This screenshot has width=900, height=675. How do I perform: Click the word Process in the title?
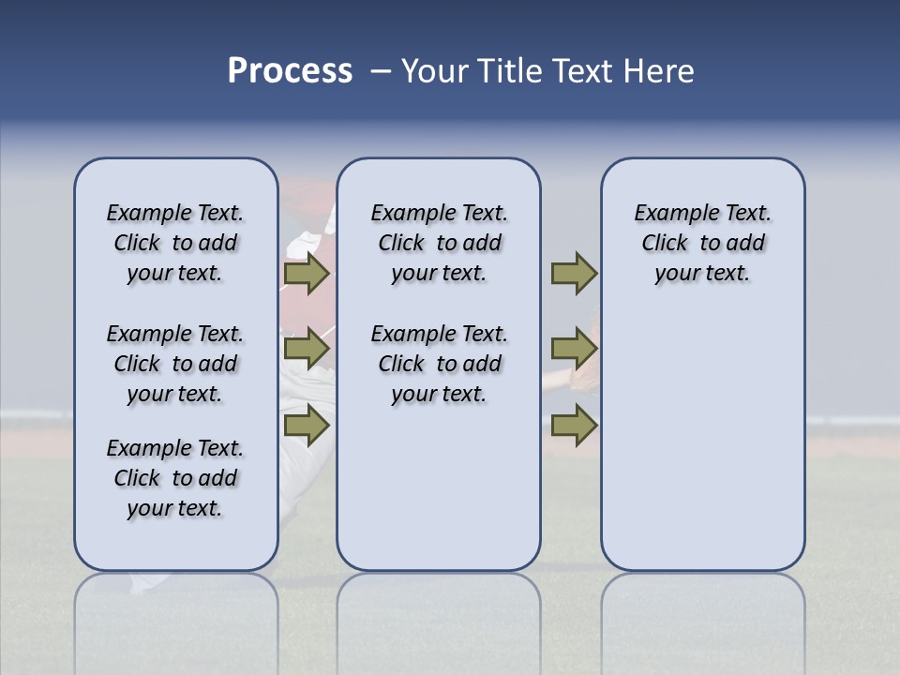click(x=290, y=71)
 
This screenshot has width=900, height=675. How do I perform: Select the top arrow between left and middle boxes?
click(x=307, y=273)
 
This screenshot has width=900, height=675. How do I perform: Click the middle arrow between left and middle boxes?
click(x=307, y=349)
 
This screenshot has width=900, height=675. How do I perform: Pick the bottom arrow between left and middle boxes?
click(x=307, y=425)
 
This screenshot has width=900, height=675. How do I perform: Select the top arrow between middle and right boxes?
click(x=574, y=273)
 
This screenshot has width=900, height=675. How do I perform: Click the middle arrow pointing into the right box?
click(x=574, y=349)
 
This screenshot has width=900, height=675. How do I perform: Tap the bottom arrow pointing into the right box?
click(x=574, y=425)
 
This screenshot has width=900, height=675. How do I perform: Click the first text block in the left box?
click(x=175, y=243)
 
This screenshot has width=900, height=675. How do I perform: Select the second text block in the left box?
click(x=175, y=364)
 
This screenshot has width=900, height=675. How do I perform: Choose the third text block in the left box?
click(x=175, y=478)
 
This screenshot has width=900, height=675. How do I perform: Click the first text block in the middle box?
click(x=439, y=243)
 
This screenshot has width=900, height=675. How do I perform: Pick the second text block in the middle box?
click(x=439, y=364)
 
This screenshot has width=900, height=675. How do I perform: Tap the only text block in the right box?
click(x=702, y=243)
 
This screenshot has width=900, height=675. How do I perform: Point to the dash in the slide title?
click(x=381, y=72)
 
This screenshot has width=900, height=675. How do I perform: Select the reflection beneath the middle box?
click(x=439, y=609)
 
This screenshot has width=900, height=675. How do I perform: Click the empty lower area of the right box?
click(x=702, y=450)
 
